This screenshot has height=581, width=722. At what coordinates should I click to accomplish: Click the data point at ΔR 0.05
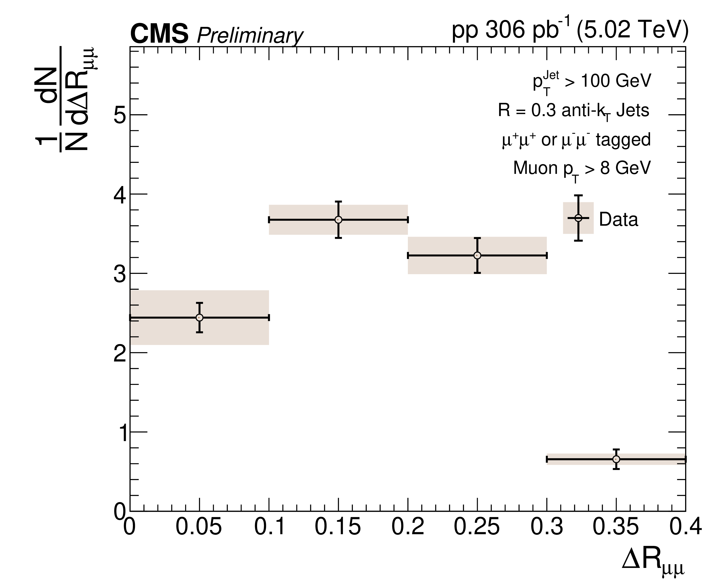pos(200,317)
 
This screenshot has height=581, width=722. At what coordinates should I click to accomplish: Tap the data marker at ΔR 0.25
pos(478,256)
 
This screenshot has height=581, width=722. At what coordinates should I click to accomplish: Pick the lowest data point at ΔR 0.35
pos(616,459)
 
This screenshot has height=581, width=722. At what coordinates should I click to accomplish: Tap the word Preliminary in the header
pos(250,36)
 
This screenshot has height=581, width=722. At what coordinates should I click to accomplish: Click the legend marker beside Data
pos(578,218)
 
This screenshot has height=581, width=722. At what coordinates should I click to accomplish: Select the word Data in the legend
pos(618,220)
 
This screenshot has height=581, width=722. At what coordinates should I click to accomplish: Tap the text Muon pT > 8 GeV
pos(582,169)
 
